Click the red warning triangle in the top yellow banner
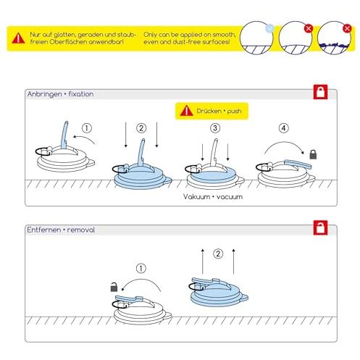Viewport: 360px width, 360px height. tap(18, 38)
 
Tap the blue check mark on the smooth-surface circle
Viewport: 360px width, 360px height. tap(269, 28)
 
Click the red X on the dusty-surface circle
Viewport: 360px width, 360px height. tap(347, 28)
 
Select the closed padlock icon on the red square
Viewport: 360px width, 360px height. tap(320, 92)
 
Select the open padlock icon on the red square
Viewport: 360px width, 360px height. tap(320, 227)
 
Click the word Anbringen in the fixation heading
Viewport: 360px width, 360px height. tap(45, 94)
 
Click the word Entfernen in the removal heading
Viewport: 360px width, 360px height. tap(43, 230)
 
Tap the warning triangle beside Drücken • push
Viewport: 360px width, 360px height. tap(186, 111)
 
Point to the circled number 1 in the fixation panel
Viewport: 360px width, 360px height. tap(87, 128)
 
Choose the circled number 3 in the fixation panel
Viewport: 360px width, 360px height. tap(215, 128)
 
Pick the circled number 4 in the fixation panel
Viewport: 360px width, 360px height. tap(284, 128)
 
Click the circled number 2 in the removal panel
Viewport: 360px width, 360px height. tap(218, 254)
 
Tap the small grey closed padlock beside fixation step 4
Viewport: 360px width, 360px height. tap(313, 154)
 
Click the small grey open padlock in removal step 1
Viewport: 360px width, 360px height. tap(114, 287)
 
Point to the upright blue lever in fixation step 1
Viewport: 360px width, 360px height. tap(64, 135)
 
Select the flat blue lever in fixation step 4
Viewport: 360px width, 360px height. tap(298, 164)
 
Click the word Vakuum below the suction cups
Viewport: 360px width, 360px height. tap(196, 197)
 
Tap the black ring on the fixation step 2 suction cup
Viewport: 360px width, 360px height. tap(120, 169)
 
